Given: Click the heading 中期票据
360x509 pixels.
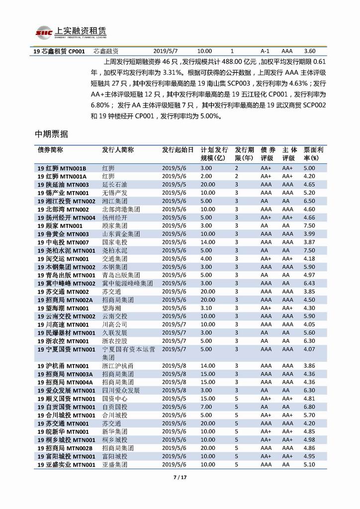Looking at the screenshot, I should click(x=52, y=135).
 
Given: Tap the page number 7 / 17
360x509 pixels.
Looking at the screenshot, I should click(x=180, y=478).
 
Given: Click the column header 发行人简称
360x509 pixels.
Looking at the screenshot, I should click(x=118, y=150).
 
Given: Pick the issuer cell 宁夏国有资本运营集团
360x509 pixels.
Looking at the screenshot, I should click(x=128, y=353).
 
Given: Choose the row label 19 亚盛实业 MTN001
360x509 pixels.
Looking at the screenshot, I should click(x=66, y=464).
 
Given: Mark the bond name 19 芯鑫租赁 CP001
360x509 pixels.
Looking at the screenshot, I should click(x=59, y=51).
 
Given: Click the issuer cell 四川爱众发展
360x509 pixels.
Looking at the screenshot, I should click(x=121, y=390).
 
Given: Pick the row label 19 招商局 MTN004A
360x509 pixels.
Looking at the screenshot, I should click(x=65, y=382).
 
